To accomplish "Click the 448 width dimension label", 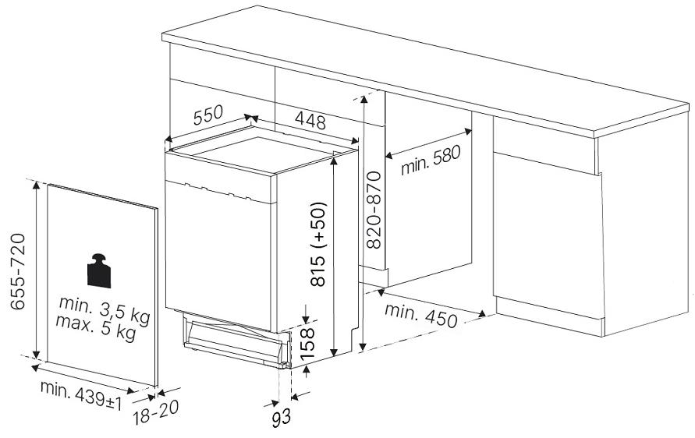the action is tap(310, 120).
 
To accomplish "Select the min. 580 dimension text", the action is tap(431, 161).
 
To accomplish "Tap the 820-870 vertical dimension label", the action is tap(374, 210).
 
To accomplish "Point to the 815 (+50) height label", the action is tap(318, 244).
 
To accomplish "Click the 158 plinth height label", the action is tap(307, 344).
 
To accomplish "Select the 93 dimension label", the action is tap(281, 417).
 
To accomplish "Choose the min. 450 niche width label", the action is tap(420, 316).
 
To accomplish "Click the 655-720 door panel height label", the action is tap(18, 271).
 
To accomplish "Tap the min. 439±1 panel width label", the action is tap(81, 395).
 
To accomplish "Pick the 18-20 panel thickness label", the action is tap(155, 413).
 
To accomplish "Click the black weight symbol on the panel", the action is tap(99, 270).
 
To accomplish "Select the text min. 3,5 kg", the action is tap(105, 309).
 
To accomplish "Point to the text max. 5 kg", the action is tap(96, 328).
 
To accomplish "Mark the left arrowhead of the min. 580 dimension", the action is tap(389, 155).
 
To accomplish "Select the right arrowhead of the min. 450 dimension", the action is tap(482, 313).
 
